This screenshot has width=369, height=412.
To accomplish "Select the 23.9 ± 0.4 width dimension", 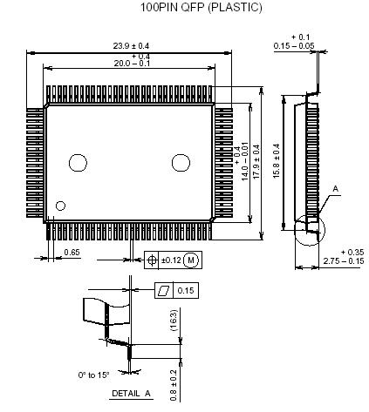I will tap(131, 45).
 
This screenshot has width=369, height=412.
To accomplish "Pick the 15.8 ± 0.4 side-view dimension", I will tap(277, 162).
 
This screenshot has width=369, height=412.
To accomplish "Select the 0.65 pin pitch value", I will tap(72, 253).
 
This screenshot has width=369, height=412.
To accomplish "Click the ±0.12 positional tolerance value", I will tap(170, 260).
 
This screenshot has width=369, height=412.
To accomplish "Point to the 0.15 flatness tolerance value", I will tap(186, 289).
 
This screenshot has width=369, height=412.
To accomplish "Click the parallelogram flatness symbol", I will tap(162, 289).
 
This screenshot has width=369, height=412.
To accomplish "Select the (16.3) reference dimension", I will tap(174, 321).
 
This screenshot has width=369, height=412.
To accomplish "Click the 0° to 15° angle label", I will tap(93, 375).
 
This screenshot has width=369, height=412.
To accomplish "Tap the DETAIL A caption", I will tap(131, 394).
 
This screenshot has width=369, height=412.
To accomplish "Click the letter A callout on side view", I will tap(335, 187).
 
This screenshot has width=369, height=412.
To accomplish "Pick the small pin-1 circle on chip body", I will tap(60, 206).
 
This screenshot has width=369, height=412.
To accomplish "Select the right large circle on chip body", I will tap(181, 161).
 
